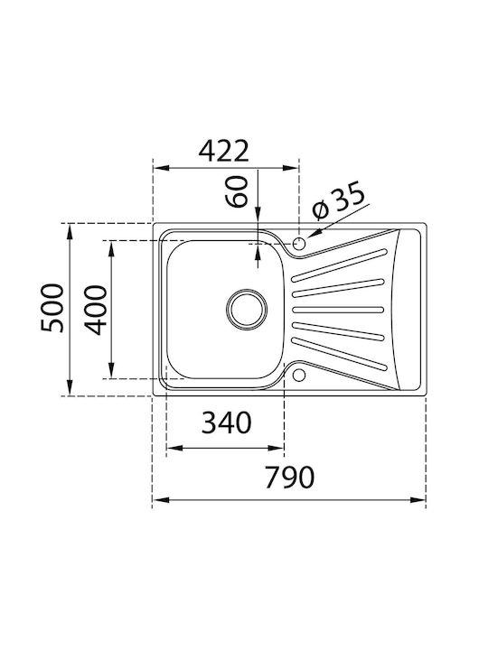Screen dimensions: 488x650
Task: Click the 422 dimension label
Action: pyautogui.click(x=224, y=151)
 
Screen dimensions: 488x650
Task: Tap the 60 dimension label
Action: pyautogui.click(x=237, y=191)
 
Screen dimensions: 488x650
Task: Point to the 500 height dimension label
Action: pyautogui.click(x=52, y=308)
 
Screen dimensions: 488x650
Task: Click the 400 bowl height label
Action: pyautogui.click(x=96, y=310)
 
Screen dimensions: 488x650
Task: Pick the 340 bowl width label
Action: pyautogui.click(x=227, y=422)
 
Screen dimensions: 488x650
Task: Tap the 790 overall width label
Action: pyautogui.click(x=290, y=477)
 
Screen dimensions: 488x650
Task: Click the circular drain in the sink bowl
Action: pyautogui.click(x=247, y=310)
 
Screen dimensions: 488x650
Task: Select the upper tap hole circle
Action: pyautogui.click(x=299, y=243)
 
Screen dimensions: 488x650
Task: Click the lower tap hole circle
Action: pyautogui.click(x=299, y=376)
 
